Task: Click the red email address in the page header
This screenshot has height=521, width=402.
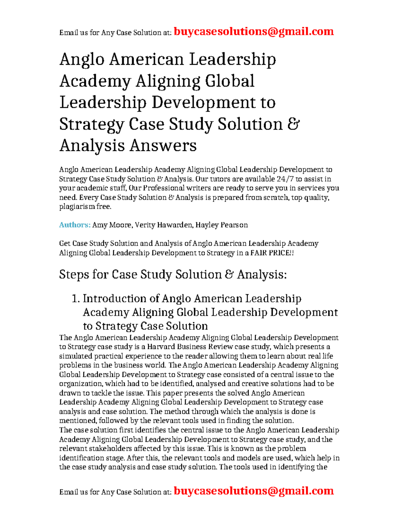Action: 254,32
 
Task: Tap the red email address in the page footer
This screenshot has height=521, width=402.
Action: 254,491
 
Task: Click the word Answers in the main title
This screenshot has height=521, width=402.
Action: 163,146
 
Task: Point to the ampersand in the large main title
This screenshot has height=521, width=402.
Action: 293,124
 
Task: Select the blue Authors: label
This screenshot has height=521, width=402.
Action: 75,225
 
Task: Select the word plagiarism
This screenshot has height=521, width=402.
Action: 77,207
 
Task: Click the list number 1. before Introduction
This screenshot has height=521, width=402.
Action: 76,299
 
